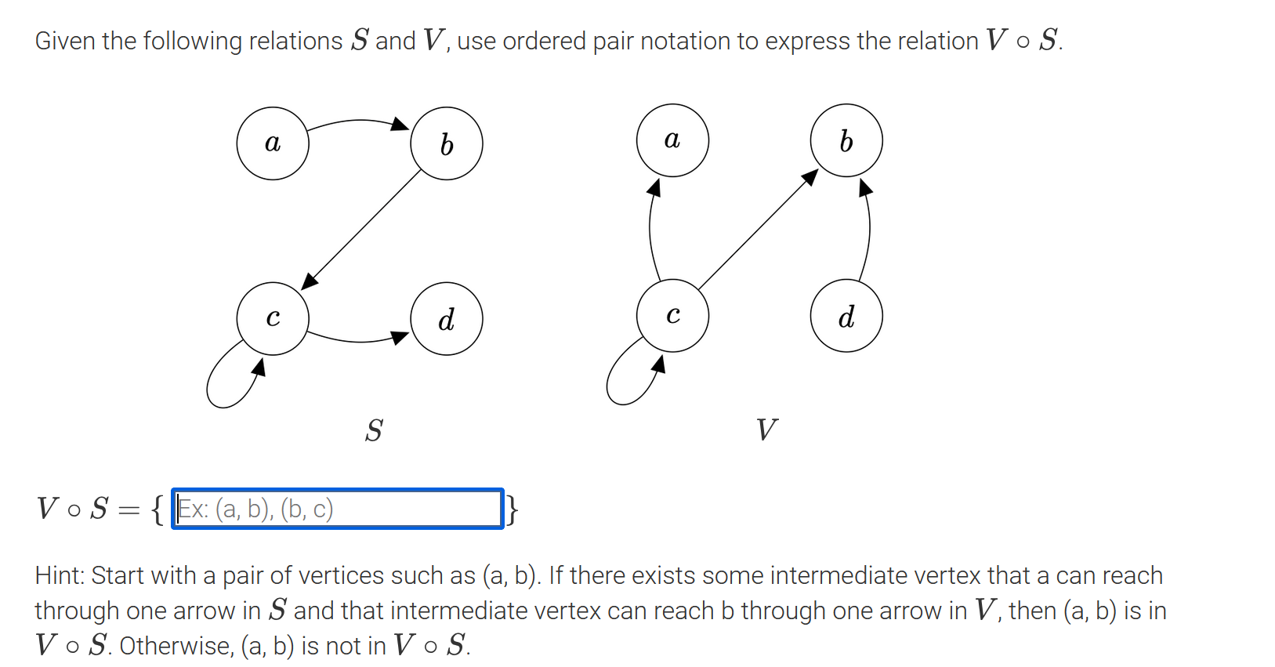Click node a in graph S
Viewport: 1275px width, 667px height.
(x=273, y=143)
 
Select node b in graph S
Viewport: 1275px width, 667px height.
(x=447, y=143)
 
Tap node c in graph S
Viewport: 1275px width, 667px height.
(x=273, y=318)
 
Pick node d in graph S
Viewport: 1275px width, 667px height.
(x=447, y=318)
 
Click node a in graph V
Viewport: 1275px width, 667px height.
(x=672, y=140)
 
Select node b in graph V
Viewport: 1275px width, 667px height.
(x=846, y=140)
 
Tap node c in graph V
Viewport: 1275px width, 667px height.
(x=672, y=315)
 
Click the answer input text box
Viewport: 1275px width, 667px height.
(x=337, y=509)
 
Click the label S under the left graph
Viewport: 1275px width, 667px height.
(x=374, y=430)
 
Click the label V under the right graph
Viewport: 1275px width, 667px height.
(x=766, y=430)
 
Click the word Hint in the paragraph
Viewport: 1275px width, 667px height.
(x=59, y=575)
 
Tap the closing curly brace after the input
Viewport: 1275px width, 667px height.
(x=512, y=509)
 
